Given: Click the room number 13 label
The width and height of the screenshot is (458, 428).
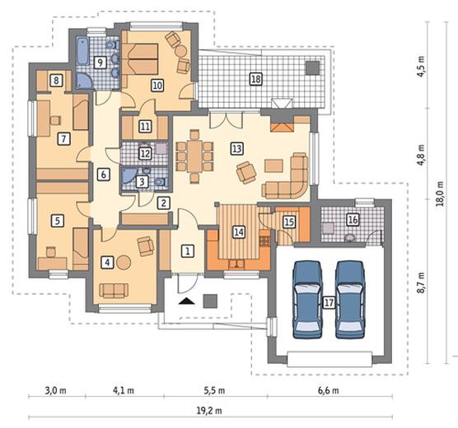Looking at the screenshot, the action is coord(237,148).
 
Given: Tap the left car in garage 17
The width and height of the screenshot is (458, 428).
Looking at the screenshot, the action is coord(307,300).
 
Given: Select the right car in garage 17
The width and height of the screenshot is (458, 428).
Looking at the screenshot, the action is coord(350,300).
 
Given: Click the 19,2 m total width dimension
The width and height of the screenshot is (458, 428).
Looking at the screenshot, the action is coord(209,411).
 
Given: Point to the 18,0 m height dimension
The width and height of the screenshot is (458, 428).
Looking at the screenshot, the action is coord(440,194).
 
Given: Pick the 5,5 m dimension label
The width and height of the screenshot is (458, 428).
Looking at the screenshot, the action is coord(214,390).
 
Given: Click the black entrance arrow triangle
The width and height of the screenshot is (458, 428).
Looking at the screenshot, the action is coord(187,301).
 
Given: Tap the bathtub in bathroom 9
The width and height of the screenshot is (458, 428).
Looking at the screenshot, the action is coord(82,51).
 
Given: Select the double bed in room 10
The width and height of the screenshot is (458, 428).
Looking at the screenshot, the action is coord(140,59).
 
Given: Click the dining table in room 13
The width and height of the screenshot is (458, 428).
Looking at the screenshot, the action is coord(194,156).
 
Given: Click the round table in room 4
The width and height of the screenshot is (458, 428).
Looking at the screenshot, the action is coord(124,263).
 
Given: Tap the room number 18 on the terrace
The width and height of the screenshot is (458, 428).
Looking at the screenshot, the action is coord(255,79).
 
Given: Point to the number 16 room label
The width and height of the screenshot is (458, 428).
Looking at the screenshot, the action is coord(353,220).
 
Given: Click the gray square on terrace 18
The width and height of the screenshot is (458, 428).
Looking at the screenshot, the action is coord(312,67).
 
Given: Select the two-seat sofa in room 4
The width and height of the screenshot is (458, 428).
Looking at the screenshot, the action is coord(114,291).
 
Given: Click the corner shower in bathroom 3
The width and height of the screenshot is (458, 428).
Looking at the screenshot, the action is coord(128,175).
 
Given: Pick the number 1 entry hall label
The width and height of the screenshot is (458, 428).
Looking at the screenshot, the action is coord(188,251).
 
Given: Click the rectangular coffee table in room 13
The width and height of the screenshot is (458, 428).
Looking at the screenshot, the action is coord(273,165).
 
